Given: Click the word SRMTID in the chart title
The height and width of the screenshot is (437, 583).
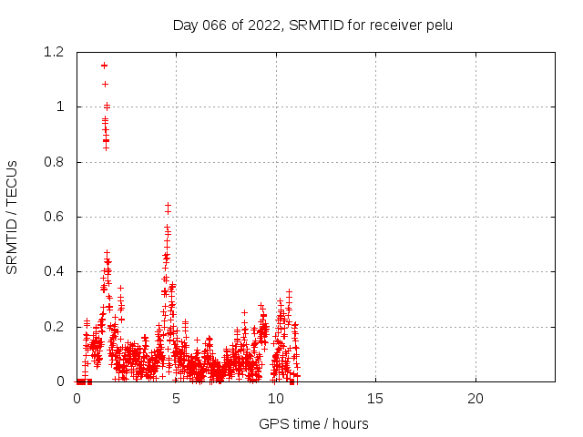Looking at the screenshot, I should (x=313, y=25).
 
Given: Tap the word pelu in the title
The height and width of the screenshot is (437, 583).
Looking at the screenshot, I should (x=437, y=25).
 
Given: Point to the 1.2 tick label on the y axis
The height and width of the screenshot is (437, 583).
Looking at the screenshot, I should (x=55, y=52).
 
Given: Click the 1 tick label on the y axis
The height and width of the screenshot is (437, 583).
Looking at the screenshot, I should (x=60, y=107).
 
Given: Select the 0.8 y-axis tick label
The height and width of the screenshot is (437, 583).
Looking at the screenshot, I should (x=55, y=162).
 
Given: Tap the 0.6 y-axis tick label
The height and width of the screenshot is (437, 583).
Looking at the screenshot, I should (x=55, y=217).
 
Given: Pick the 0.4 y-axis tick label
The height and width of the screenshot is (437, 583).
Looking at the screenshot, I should (x=55, y=271).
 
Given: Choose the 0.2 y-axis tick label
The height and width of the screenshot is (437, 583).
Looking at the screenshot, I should (x=55, y=327).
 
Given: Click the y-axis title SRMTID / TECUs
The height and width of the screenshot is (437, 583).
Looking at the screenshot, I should (x=13, y=217).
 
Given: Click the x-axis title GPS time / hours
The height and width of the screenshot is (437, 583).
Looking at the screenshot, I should (x=313, y=423).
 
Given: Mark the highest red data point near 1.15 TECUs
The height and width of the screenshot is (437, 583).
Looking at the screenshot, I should (x=104, y=66).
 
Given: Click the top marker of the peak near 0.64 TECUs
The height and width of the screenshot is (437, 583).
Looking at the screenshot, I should (x=168, y=206).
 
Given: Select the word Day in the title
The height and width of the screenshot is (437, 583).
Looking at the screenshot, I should (x=185, y=25).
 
